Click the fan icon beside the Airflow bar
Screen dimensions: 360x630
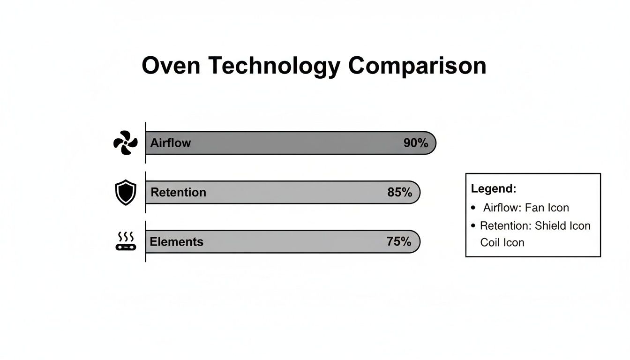126,143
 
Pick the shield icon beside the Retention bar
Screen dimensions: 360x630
126,192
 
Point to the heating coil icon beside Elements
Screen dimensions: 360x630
126,241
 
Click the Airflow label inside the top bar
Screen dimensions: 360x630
171,143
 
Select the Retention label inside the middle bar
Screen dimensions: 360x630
178,192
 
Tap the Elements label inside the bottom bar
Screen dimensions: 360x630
176,242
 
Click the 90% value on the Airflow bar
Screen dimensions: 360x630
416,143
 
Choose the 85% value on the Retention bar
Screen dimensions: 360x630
400,192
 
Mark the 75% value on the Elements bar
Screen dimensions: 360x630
399,242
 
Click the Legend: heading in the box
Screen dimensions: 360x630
494,189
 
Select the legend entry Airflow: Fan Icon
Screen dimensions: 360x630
526,207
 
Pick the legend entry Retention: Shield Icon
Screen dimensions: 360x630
535,225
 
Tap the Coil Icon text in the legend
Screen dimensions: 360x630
502,243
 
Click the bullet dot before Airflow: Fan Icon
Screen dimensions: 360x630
473,207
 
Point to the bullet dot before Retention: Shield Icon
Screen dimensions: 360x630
473,225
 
